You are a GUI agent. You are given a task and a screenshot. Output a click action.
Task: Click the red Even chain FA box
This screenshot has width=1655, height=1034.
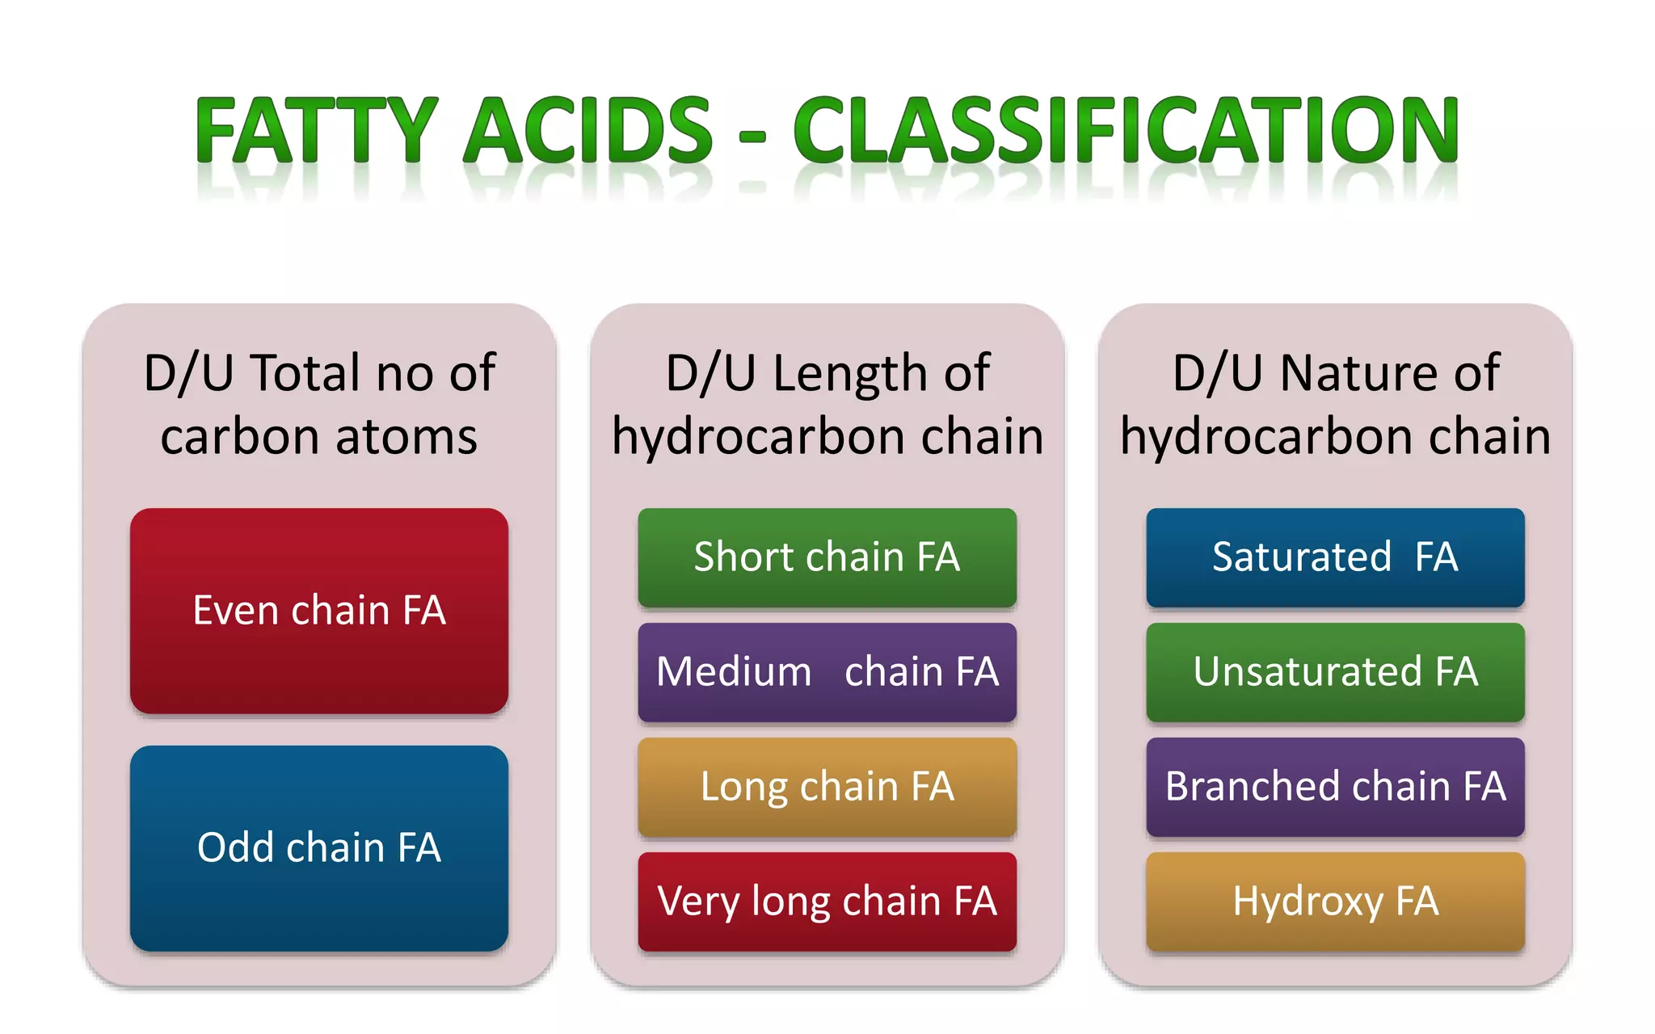[319, 611]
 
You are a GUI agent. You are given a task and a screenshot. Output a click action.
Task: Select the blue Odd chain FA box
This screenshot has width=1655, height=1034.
[319, 848]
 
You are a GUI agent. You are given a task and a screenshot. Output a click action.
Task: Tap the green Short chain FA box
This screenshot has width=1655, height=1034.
[827, 557]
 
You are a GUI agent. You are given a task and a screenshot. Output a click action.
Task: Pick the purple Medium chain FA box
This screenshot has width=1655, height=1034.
[827, 672]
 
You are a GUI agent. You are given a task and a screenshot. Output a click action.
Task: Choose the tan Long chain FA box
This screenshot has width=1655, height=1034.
[827, 787]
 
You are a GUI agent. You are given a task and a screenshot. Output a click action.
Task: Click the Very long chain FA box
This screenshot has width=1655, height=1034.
[827, 902]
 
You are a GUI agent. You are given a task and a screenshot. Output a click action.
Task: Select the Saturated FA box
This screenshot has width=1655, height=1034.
[1335, 557]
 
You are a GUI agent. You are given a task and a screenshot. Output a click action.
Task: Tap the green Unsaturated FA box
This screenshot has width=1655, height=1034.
[1335, 672]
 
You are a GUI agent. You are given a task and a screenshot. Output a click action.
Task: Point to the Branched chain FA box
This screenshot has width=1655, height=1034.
[1335, 787]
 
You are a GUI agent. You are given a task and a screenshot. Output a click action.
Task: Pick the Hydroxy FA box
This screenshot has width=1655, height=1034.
[1335, 902]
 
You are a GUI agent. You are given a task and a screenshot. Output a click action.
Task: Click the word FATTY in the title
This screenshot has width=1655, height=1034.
[317, 131]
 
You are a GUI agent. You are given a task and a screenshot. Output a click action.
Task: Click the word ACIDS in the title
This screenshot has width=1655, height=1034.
[588, 131]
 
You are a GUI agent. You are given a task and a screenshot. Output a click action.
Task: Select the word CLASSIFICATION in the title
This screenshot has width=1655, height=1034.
[1125, 131]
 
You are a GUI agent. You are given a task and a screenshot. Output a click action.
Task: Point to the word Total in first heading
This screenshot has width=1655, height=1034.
[305, 373]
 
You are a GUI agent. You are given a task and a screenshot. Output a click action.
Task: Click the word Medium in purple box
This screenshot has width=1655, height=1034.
[734, 672]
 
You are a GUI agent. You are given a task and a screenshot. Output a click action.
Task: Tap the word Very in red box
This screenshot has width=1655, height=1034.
[698, 902]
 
